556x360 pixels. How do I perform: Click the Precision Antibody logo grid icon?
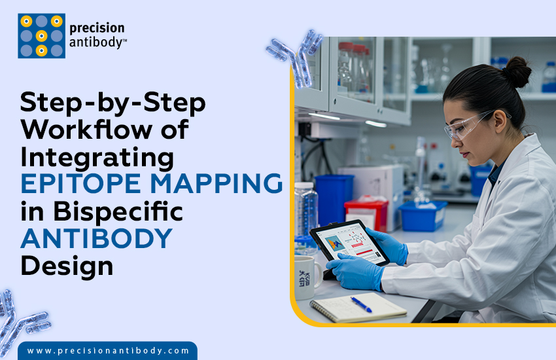(41, 36)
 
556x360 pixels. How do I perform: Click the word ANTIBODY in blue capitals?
(96, 239)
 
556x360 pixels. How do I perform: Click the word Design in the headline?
(67, 266)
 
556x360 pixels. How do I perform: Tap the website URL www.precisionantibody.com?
(108, 351)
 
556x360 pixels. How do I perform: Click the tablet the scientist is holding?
(349, 243)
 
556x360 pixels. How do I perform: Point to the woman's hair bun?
(516, 71)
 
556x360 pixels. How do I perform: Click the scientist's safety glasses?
(466, 126)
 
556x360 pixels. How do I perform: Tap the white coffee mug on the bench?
(308, 276)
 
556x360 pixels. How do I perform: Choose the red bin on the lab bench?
(366, 215)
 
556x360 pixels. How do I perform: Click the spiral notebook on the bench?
(357, 306)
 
